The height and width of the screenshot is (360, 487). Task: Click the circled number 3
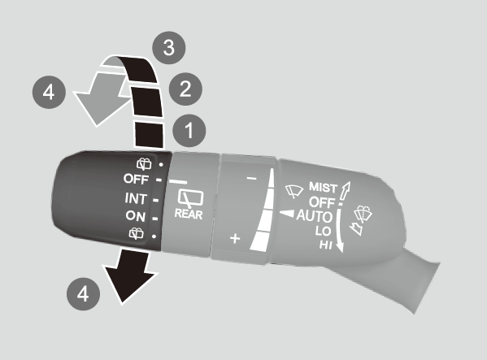click(168, 48)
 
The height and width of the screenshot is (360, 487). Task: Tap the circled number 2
click(185, 89)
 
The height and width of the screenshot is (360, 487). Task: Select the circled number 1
click(189, 130)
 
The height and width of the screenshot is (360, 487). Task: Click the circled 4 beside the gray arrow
click(49, 92)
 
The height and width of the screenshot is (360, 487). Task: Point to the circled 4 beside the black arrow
click(83, 294)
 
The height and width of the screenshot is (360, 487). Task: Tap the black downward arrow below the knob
click(129, 275)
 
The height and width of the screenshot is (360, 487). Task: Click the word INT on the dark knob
click(136, 198)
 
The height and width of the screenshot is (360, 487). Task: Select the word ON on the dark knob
click(136, 216)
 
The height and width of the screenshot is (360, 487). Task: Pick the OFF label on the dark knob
click(136, 179)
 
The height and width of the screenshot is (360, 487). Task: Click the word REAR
click(189, 215)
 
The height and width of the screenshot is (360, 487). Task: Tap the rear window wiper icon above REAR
click(190, 198)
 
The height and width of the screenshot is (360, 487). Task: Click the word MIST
click(323, 188)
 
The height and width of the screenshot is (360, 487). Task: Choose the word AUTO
click(315, 216)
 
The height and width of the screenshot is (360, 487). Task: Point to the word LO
click(323, 231)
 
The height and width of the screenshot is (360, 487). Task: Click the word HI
click(326, 245)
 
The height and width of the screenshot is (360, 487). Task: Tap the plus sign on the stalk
click(235, 239)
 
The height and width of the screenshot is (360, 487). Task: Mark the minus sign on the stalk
click(251, 178)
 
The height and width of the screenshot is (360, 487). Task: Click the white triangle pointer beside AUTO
click(287, 214)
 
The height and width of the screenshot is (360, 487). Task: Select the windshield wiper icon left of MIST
click(294, 191)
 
